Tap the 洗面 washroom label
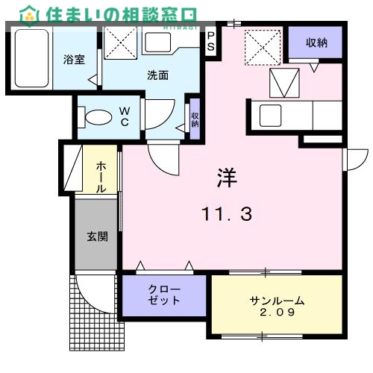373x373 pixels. (x=157, y=75)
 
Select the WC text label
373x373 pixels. (x=125, y=117)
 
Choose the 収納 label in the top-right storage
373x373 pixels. (x=316, y=43)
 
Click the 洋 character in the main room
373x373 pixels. (x=226, y=177)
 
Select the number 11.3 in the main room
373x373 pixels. (x=226, y=215)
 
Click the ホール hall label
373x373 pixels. (x=101, y=176)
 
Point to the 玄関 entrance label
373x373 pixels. (x=97, y=237)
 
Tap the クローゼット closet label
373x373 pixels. (x=163, y=295)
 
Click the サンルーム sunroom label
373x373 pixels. (x=278, y=301)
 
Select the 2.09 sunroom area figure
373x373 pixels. (x=278, y=313)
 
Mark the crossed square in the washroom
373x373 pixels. (x=119, y=42)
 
